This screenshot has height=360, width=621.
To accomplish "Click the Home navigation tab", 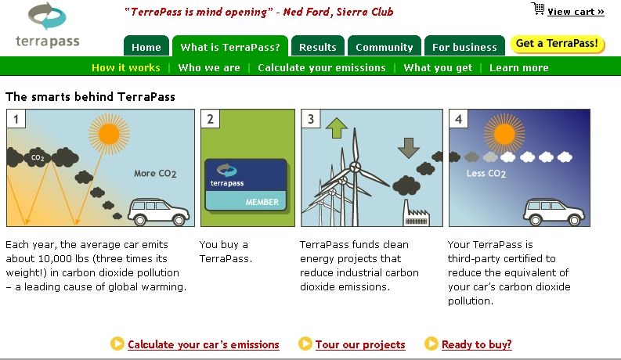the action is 146,46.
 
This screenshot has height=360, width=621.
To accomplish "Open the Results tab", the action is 318,46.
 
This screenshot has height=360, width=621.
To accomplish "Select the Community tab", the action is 385,46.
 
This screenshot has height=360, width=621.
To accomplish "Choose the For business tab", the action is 464,46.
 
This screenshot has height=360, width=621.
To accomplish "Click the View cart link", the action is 576,12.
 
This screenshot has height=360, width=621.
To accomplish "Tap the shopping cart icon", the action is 538,9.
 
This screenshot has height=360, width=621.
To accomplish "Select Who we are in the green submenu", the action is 209,67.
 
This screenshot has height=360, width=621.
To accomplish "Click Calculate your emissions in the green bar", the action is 322,67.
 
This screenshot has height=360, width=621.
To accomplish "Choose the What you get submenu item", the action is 438,67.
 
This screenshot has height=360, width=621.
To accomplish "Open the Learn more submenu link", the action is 519,67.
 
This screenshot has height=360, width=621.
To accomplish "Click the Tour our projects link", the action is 360,344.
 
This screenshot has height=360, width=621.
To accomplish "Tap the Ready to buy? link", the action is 476,344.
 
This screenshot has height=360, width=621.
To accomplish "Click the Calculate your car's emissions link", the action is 203,344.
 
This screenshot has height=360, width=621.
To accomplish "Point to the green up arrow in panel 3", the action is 336,128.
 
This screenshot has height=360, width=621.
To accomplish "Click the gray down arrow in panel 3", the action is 408,148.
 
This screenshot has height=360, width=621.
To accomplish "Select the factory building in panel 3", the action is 416,214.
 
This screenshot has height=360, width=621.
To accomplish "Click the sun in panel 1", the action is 109,134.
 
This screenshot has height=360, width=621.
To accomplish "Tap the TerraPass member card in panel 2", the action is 246,185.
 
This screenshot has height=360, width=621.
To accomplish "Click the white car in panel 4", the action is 554,212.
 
